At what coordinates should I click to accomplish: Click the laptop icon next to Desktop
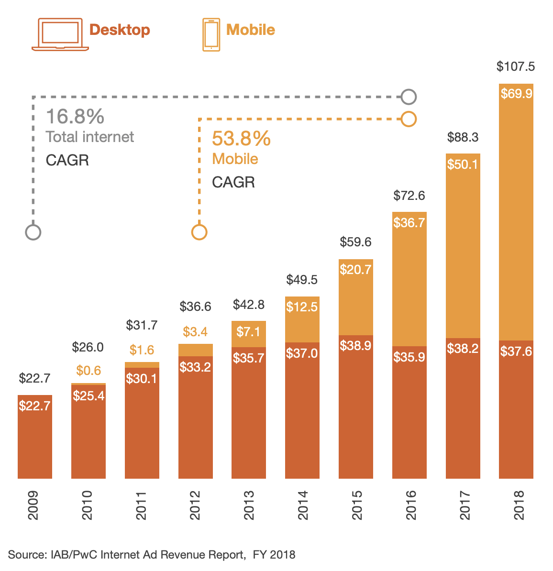point(60,34)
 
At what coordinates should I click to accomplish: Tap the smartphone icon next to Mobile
point(211,34)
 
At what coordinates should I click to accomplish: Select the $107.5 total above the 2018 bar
point(516,66)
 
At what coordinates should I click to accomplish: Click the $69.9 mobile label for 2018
point(516,94)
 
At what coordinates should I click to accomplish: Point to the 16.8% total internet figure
point(75,117)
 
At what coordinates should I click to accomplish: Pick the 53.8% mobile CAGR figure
point(241,139)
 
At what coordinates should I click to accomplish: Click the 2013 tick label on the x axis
point(249,505)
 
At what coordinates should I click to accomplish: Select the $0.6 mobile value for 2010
point(88,370)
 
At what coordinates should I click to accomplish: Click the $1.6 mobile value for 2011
point(142,350)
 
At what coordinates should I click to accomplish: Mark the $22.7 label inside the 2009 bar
point(34,406)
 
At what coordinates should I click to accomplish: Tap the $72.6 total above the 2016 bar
point(409,196)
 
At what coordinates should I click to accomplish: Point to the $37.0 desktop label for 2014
point(302,353)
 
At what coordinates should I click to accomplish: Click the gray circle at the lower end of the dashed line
point(33,232)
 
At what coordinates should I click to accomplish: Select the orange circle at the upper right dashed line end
point(409,119)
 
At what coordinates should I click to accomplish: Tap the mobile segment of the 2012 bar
point(195,350)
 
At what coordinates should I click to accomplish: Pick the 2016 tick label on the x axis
point(410,505)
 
